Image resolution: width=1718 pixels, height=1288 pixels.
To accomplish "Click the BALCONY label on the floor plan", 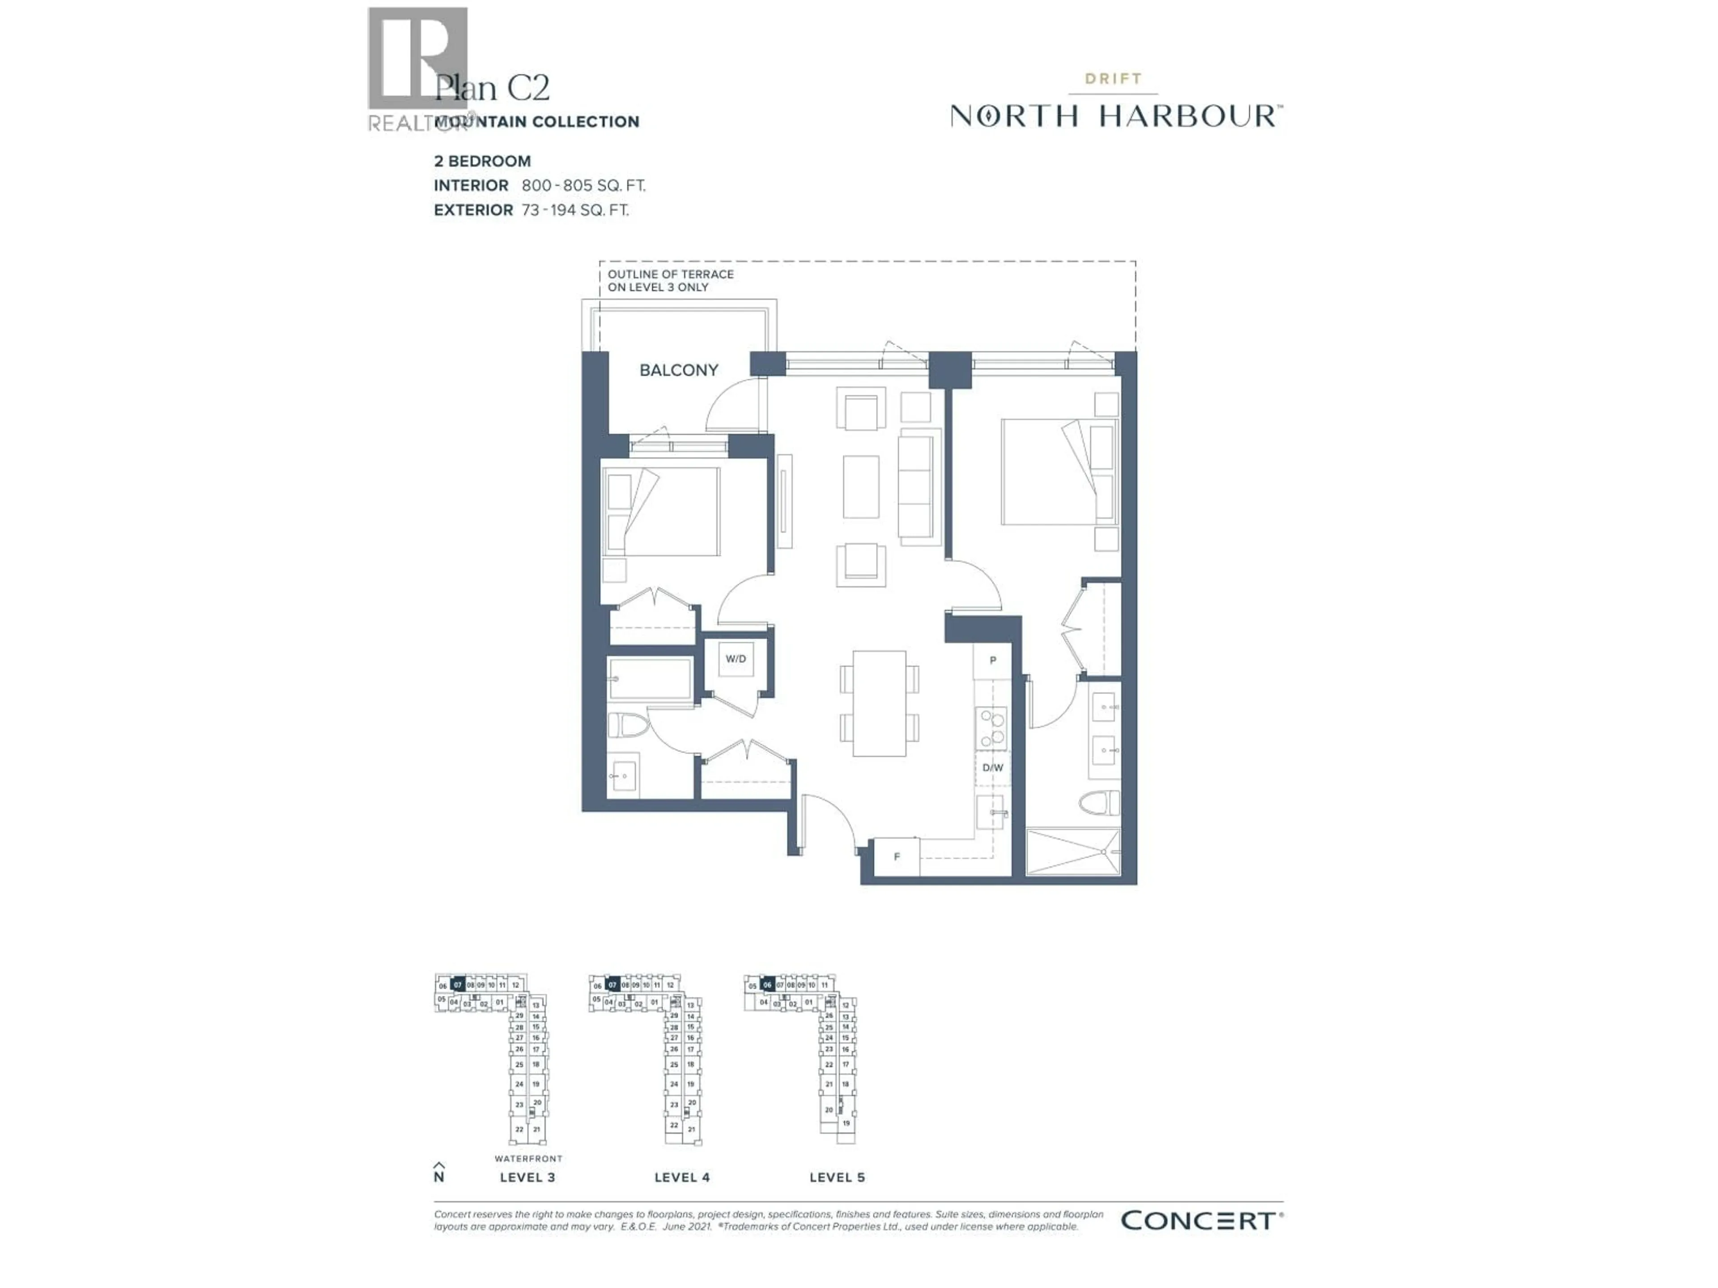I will point(678,370).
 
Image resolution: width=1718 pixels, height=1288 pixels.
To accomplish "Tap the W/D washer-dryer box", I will point(736,659).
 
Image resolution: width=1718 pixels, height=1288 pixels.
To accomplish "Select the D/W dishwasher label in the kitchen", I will point(993,768).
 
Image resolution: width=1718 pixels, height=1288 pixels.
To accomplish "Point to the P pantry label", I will point(993,661).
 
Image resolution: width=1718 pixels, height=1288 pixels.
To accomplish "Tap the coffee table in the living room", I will point(860,487).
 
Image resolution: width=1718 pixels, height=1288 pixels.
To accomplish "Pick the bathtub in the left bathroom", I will point(650,680).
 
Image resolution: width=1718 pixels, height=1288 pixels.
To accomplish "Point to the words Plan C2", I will point(492,88).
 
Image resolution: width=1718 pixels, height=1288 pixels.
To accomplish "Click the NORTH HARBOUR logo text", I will point(1116,116).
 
